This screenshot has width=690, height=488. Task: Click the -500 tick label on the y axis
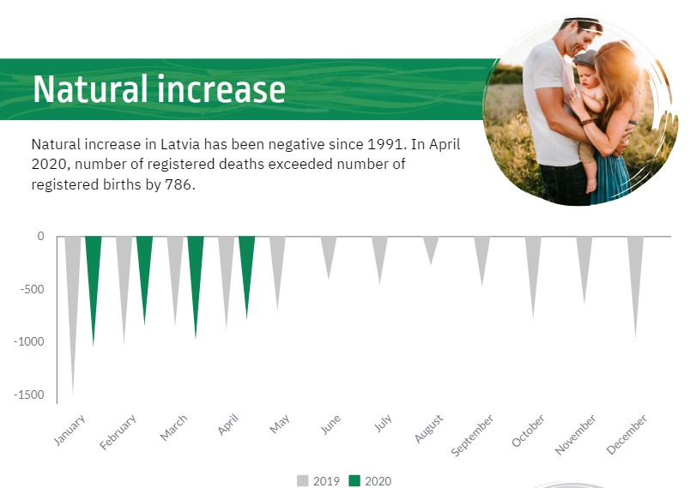click(32, 289)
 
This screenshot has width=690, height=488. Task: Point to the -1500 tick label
click(29, 395)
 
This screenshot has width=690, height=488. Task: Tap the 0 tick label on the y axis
click(40, 236)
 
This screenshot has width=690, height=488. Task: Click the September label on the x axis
click(473, 435)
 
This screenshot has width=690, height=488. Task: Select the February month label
click(118, 432)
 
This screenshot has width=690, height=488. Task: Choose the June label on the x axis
click(330, 425)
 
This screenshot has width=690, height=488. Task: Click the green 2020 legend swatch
click(354, 481)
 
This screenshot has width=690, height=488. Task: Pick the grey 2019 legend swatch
click(303, 481)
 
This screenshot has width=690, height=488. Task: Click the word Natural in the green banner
click(91, 89)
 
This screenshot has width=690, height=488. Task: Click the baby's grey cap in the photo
click(584, 58)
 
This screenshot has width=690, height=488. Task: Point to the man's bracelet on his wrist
click(588, 122)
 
